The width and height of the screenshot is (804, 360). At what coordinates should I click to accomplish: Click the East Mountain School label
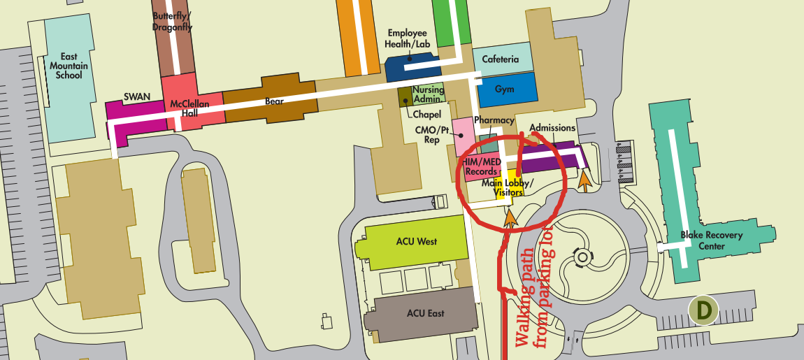click(69, 66)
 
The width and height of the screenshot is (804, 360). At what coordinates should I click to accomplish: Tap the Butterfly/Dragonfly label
click(172, 22)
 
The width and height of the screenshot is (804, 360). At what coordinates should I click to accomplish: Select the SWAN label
click(134, 96)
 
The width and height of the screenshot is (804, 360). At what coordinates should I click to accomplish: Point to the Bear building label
click(274, 101)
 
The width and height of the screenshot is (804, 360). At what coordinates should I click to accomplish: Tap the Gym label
click(504, 89)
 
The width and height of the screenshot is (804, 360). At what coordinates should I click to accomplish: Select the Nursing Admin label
click(428, 94)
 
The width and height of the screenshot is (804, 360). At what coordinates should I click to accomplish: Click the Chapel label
click(427, 114)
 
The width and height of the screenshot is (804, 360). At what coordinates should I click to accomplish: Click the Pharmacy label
click(494, 120)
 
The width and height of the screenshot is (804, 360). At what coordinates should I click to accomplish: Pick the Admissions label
click(552, 128)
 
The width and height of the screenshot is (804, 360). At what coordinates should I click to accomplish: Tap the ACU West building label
click(416, 241)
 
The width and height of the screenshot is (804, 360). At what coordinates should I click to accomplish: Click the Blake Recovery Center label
click(712, 240)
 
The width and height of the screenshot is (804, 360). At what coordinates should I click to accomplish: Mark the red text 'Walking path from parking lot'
click(535, 298)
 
